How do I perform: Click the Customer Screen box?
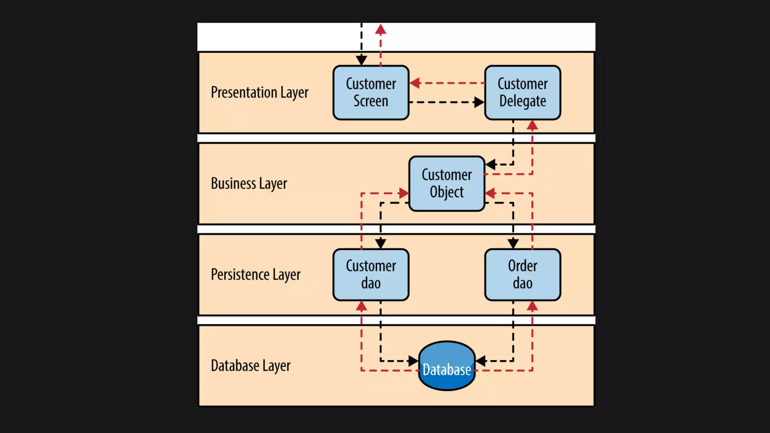click(371, 92)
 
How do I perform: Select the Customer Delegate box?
click(523, 92)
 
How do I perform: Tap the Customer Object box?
click(447, 183)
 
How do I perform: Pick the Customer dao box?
click(371, 274)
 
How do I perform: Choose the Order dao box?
click(523, 274)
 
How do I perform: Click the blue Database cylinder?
click(447, 365)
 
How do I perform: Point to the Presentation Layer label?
click(259, 92)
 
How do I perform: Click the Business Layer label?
click(249, 183)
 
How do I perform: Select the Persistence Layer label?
click(256, 274)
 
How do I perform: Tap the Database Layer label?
click(250, 365)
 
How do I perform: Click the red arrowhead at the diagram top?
click(380, 30)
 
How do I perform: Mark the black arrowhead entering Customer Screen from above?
click(361, 60)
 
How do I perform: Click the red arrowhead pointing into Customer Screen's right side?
click(415, 83)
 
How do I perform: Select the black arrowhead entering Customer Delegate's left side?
click(479, 102)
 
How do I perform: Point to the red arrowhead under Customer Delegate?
click(532, 126)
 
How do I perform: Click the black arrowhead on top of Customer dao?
click(380, 244)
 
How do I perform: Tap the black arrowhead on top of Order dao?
click(513, 244)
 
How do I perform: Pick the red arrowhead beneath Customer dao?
click(361, 307)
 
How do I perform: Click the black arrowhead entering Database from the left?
click(413, 361)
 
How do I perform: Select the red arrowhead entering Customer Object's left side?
click(404, 194)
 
